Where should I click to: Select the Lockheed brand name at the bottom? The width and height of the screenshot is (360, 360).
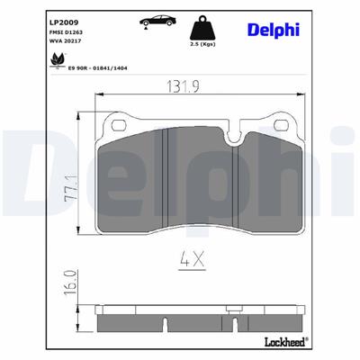point(285,341)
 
